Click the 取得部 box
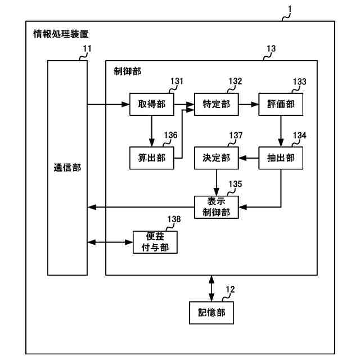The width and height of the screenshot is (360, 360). (x=152, y=104)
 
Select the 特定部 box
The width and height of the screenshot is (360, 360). (x=216, y=104)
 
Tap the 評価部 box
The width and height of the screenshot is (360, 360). (x=281, y=104)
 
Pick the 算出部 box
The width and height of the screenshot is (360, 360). (x=152, y=158)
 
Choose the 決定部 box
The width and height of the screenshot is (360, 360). (x=216, y=158)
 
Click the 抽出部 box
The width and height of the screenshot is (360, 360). (x=281, y=158)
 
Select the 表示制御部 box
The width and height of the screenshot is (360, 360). (x=216, y=207)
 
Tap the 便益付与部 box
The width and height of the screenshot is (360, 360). (x=155, y=242)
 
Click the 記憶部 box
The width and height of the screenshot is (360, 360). (x=211, y=313)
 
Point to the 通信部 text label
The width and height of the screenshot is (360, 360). (x=67, y=168)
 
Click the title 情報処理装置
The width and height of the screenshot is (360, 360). (x=61, y=34)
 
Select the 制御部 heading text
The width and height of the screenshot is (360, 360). (x=128, y=71)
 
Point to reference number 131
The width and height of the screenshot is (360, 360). (x=177, y=81)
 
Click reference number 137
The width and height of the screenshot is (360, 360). (x=236, y=135)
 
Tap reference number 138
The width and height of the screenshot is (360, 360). (x=174, y=219)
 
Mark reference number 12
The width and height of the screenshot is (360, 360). (x=230, y=289)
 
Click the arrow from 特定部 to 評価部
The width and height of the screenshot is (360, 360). (x=249, y=105)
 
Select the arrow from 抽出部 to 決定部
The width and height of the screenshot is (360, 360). (x=249, y=158)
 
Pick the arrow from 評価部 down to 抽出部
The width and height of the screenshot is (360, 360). (x=281, y=131)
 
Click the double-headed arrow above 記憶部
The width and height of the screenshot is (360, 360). (x=211, y=289)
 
